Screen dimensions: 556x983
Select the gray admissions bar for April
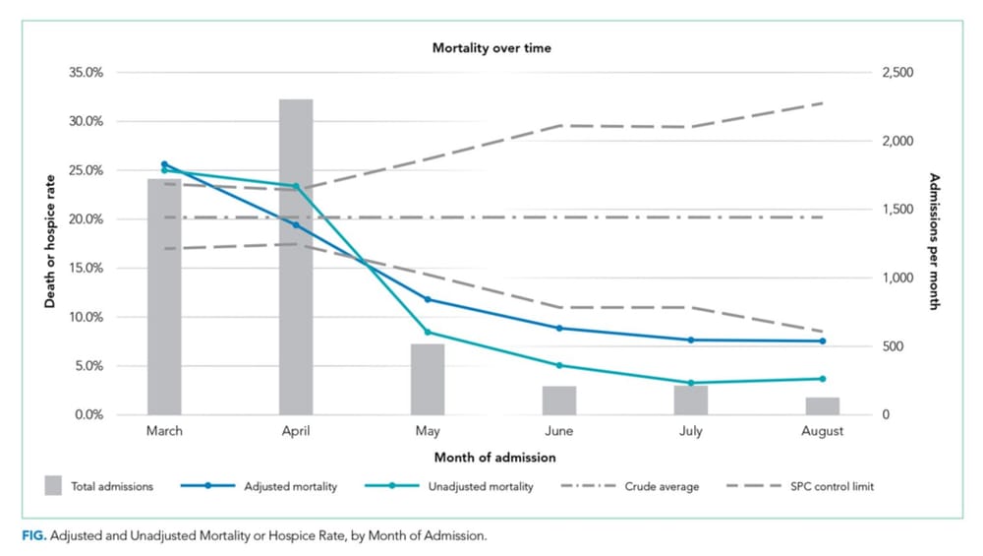[296, 256]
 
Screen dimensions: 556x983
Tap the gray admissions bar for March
[164, 295]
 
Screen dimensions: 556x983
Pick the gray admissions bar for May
[428, 379]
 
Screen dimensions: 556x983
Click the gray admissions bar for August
[822, 405]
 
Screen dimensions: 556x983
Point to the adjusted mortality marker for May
[428, 299]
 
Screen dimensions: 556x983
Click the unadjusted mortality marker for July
[691, 383]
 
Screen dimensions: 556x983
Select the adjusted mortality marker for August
[822, 341]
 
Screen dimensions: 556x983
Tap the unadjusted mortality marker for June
[559, 365]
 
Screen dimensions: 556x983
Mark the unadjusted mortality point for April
[296, 186]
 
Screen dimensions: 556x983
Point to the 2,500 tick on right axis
[899, 73]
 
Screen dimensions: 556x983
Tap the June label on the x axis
[559, 431]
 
